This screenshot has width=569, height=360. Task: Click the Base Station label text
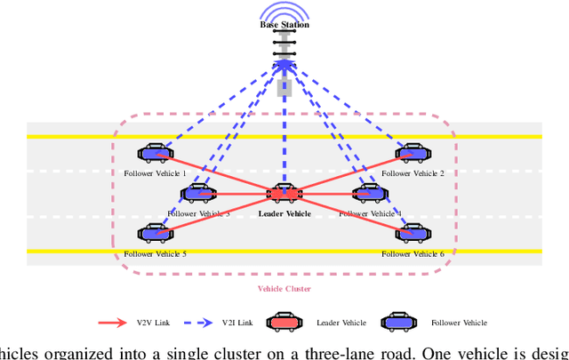[284, 25]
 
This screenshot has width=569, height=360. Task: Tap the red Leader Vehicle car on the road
[284, 192]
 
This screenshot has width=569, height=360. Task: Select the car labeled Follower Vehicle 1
[156, 154]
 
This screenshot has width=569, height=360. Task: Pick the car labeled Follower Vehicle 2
[412, 154]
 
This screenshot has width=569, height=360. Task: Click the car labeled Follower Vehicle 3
[198, 192]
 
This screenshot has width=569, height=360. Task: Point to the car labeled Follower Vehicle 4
[369, 192]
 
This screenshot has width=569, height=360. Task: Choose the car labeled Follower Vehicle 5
[156, 233]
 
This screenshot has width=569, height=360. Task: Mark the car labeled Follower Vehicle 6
[412, 233]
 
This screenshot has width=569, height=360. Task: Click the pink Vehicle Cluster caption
[284, 289]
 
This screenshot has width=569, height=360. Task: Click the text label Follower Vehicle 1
[156, 173]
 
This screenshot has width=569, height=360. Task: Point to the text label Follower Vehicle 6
[413, 253]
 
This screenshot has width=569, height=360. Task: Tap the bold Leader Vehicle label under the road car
[284, 213]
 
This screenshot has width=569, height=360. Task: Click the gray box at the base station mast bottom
[284, 87]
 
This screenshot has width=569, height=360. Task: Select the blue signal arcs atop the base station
[284, 11]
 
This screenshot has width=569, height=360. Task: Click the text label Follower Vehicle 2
[413, 173]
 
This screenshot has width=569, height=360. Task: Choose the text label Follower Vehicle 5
[156, 253]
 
